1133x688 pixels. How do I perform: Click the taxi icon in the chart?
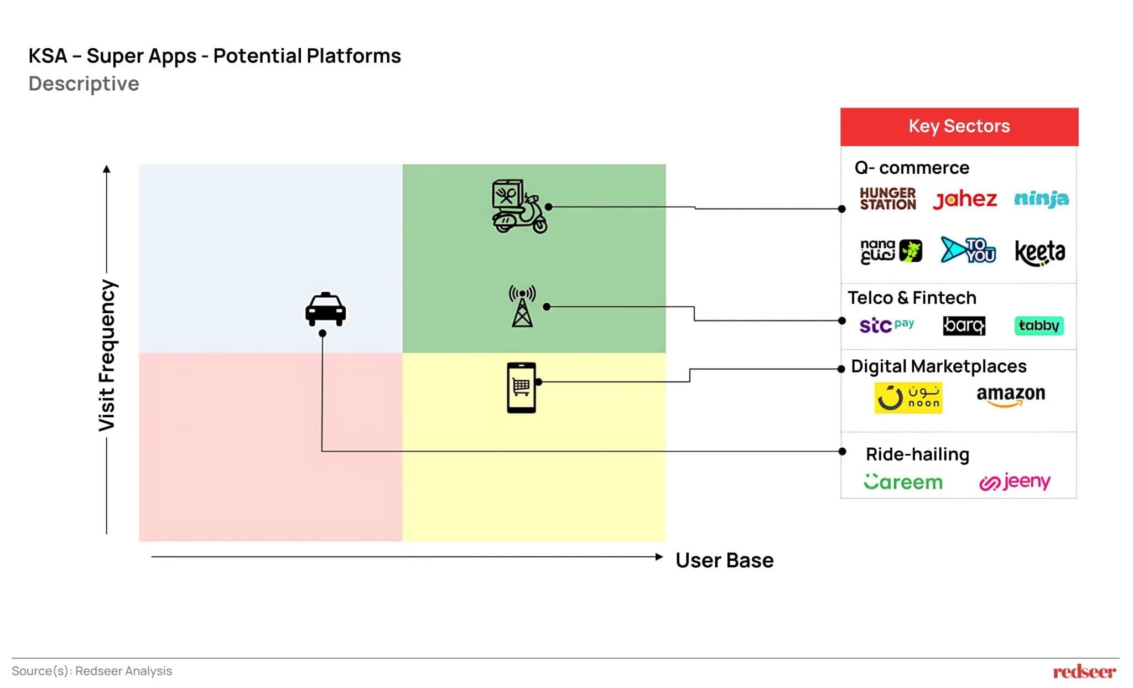tap(325, 309)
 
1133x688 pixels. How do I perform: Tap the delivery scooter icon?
tap(519, 206)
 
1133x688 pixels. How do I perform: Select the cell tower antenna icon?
tap(522, 306)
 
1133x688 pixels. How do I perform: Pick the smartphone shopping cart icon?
tap(521, 387)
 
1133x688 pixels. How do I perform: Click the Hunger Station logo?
tap(887, 199)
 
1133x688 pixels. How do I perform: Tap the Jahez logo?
tap(964, 199)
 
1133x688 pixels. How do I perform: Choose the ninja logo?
tap(1041, 199)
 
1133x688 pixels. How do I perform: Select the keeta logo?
tap(1040, 252)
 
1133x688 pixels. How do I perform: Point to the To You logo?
tap(968, 250)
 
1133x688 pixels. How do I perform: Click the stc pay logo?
tap(886, 325)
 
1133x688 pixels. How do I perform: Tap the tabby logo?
tap(1038, 325)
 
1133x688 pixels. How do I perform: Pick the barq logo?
tap(964, 325)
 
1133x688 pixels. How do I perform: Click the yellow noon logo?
tap(908, 397)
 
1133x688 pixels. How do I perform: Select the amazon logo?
tap(1010, 395)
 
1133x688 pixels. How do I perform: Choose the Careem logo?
tap(903, 482)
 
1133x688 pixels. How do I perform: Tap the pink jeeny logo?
tap(1015, 482)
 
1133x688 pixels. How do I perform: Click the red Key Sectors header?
tap(959, 127)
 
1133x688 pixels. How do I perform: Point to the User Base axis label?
tap(724, 560)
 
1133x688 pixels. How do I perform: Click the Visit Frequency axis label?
tap(107, 355)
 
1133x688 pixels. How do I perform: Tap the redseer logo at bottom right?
tap(1084, 671)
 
